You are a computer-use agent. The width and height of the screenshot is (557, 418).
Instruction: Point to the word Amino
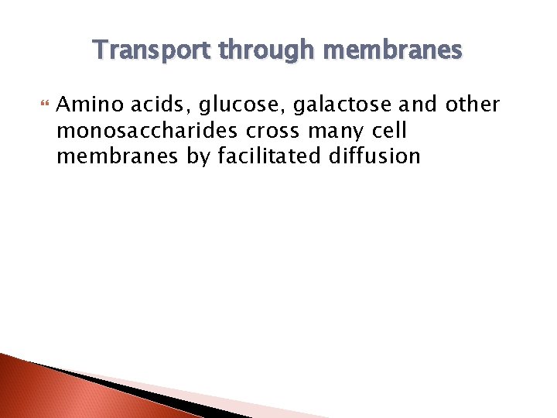pos(87,104)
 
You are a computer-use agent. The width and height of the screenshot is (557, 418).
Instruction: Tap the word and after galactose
pos(417,104)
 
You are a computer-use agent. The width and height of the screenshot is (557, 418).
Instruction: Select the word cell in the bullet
pos(387,130)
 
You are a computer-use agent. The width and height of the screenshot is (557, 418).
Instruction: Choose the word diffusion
pos(374,156)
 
